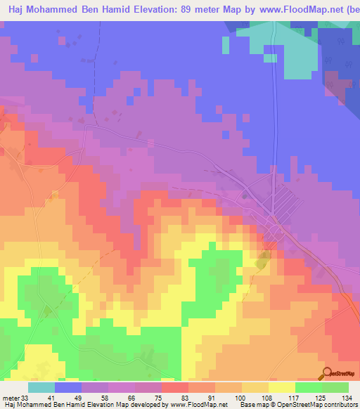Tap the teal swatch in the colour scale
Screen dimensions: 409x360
[x=41, y=387]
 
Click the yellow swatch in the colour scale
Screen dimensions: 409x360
[x=282, y=387]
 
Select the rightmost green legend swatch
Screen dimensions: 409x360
[x=335, y=387]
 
